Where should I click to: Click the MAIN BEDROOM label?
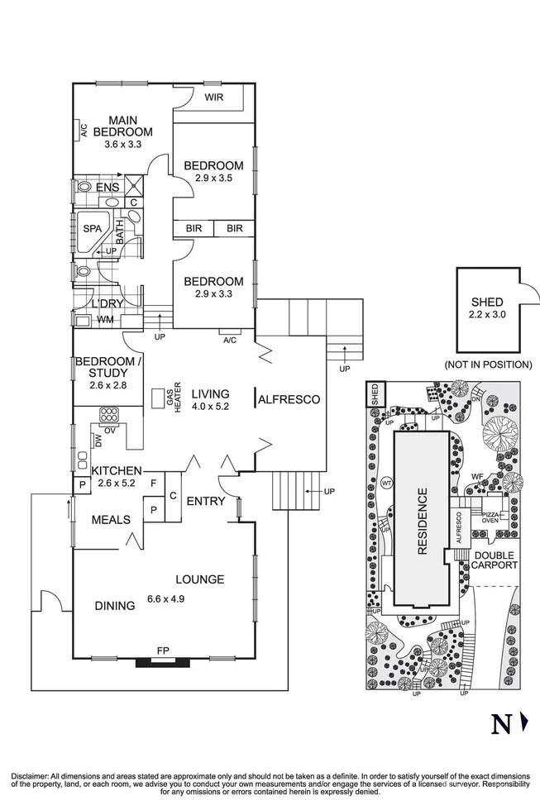pos(122,125)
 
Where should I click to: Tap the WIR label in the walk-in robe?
pos(214,98)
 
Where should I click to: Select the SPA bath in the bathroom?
pos(90,230)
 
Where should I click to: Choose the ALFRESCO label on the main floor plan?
pos(289,399)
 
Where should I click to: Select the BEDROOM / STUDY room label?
pos(108,368)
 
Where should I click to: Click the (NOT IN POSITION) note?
pos(488,364)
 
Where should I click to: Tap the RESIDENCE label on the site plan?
pos(422,522)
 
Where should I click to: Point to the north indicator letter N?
pos(499,724)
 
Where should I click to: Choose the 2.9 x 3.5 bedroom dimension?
pos(213,178)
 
